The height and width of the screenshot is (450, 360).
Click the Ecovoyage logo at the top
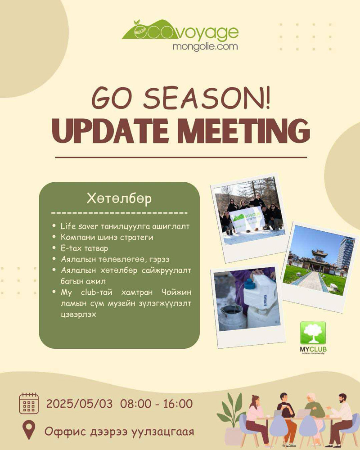(x=180, y=35)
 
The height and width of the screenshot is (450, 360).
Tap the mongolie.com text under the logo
(x=205, y=46)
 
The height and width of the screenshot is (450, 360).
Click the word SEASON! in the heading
(x=207, y=98)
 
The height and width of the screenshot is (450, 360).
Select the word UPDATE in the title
(x=110, y=131)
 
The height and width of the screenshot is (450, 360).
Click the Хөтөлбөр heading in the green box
(x=119, y=198)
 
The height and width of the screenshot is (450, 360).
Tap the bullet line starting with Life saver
(x=125, y=226)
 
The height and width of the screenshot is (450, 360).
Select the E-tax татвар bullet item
(x=84, y=248)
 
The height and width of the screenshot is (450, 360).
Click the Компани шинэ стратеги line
(x=107, y=237)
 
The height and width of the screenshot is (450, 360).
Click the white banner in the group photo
(x=247, y=219)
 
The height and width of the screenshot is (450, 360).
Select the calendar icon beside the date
(x=29, y=404)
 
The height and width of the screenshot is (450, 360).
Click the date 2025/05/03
(x=79, y=404)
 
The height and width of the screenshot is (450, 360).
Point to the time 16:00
(x=178, y=404)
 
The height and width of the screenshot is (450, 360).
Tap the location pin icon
(x=29, y=430)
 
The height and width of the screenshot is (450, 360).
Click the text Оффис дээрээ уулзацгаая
(x=119, y=431)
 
